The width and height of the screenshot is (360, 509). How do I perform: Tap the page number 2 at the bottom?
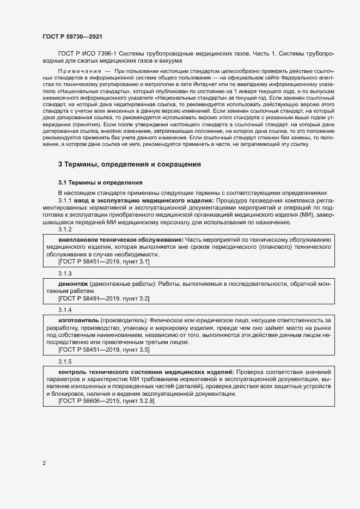coord(44,463)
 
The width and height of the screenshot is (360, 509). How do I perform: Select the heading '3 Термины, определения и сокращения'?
coord(130,164)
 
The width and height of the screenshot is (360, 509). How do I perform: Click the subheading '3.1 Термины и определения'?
coord(100,182)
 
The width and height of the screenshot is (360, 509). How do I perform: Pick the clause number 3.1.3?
coord(65,273)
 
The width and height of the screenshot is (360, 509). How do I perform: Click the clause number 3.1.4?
coord(65,309)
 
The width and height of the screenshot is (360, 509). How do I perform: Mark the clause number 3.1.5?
coord(65,361)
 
